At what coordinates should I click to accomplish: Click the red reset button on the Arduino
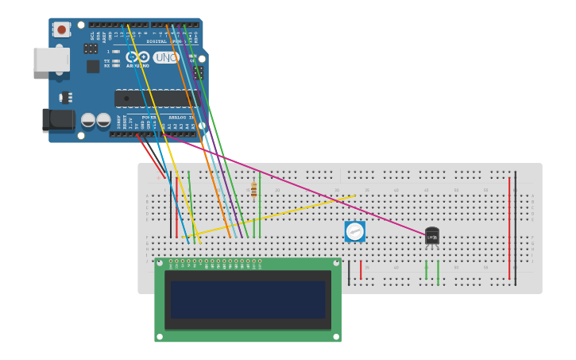point(61,29)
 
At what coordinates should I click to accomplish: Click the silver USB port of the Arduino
point(51,60)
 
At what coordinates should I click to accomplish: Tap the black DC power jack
point(59,120)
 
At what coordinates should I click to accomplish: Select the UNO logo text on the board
point(166,57)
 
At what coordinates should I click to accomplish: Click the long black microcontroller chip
point(157,98)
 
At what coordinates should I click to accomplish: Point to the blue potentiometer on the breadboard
point(354,231)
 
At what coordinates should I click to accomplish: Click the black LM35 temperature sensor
point(431,236)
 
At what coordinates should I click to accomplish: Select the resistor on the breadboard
point(253,189)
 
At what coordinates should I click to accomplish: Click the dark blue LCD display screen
point(248,300)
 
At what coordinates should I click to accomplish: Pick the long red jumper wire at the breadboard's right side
point(509,226)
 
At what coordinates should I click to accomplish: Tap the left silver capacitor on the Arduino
point(88,120)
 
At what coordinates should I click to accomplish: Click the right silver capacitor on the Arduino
point(103,120)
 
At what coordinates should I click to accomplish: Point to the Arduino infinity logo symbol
point(137,57)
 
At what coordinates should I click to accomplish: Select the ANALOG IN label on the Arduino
point(181,117)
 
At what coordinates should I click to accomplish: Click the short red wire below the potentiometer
point(361,270)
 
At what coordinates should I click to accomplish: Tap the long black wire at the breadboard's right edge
point(515,226)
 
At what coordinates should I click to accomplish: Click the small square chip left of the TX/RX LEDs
point(93,66)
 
